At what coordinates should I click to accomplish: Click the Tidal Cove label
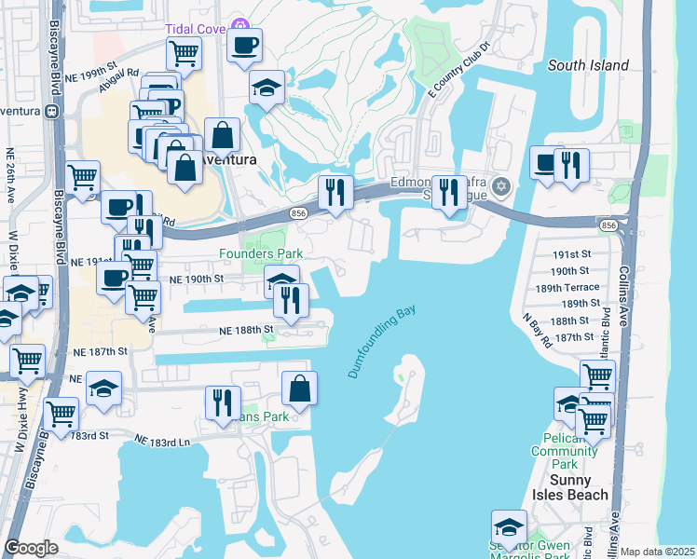click(196, 29)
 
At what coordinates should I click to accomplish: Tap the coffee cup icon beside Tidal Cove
click(244, 45)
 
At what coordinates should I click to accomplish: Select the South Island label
click(588, 65)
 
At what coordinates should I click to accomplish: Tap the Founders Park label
click(261, 253)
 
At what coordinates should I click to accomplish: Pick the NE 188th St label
click(246, 330)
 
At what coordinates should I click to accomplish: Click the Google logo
click(32, 548)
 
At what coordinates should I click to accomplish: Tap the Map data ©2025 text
click(657, 552)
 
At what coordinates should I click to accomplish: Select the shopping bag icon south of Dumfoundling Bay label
click(299, 389)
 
